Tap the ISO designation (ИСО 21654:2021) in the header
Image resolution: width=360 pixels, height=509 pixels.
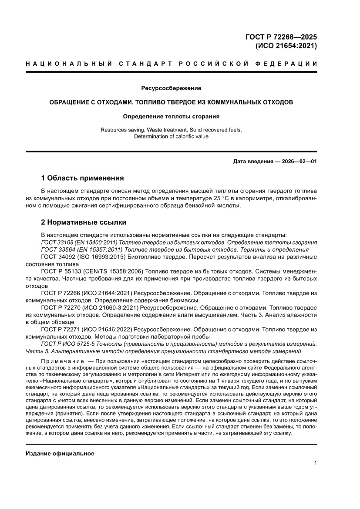(286, 46)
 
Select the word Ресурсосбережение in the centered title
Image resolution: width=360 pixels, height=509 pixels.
(171, 88)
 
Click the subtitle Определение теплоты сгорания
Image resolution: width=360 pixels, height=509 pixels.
(171, 117)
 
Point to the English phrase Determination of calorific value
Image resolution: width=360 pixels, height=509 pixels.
(171, 136)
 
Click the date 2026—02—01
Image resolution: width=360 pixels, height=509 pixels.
(296, 162)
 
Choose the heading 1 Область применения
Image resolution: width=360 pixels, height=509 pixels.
(82, 178)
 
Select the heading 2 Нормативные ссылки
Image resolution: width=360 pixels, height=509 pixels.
(84, 222)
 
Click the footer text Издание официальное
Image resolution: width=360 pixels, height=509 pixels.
(60, 454)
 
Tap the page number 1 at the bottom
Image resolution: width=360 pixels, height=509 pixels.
(315, 463)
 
